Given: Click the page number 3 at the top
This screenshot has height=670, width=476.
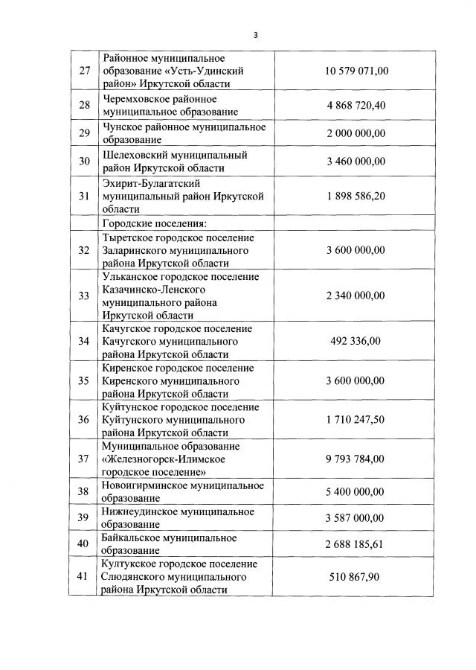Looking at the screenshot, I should (x=255, y=35).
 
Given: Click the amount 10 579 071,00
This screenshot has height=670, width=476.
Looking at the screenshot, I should (x=357, y=71).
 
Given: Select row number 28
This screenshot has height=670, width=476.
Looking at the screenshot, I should (x=84, y=105).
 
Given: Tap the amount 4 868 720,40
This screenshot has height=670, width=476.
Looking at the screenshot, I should (x=356, y=105).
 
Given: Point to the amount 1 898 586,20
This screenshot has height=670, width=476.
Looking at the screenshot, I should (x=356, y=196).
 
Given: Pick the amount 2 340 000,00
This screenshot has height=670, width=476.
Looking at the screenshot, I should (x=356, y=296).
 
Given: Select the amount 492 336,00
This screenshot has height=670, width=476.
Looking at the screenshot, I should (x=356, y=341).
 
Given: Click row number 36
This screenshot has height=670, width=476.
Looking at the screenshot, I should (x=84, y=419).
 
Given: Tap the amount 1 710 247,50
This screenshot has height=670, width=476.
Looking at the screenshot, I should (x=356, y=419).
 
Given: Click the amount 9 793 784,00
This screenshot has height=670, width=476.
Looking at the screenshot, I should (x=356, y=459).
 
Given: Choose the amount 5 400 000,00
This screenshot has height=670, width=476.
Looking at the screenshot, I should (x=356, y=491).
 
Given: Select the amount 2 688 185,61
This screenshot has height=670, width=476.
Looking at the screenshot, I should (x=356, y=544).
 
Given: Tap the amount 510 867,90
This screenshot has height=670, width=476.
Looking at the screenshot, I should (x=356, y=575).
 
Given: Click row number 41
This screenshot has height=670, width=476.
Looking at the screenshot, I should (x=84, y=575).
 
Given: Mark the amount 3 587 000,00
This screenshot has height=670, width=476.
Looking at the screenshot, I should (x=356, y=517).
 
